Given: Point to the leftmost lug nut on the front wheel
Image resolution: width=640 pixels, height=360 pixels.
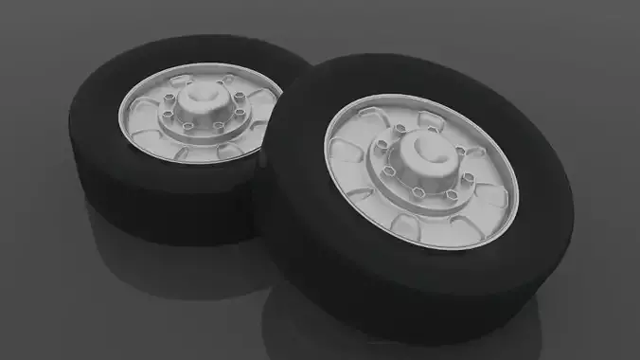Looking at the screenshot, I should point(380,144).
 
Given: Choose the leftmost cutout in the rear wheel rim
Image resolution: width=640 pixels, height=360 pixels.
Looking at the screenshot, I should point(133,112).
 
